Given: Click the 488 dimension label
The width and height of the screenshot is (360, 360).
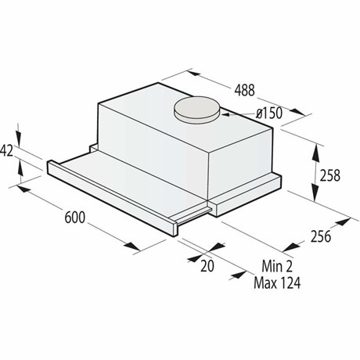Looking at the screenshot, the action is pos(244,90).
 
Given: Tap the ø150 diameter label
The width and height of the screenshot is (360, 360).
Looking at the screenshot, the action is pos(269,113).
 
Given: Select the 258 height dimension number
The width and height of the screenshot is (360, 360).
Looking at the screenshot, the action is pos(330,175).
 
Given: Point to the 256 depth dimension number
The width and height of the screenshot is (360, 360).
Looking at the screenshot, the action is pos(321,236).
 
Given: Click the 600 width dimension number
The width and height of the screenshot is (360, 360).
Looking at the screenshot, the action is pos(75,217).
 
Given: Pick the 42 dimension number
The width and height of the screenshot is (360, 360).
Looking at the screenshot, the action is pos(7,150).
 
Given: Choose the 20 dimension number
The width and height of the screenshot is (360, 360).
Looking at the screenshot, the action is pos(207,266).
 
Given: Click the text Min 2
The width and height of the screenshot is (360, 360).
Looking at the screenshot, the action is pos(277,266).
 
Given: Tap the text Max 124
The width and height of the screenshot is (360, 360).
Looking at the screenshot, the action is pos(277,283).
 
